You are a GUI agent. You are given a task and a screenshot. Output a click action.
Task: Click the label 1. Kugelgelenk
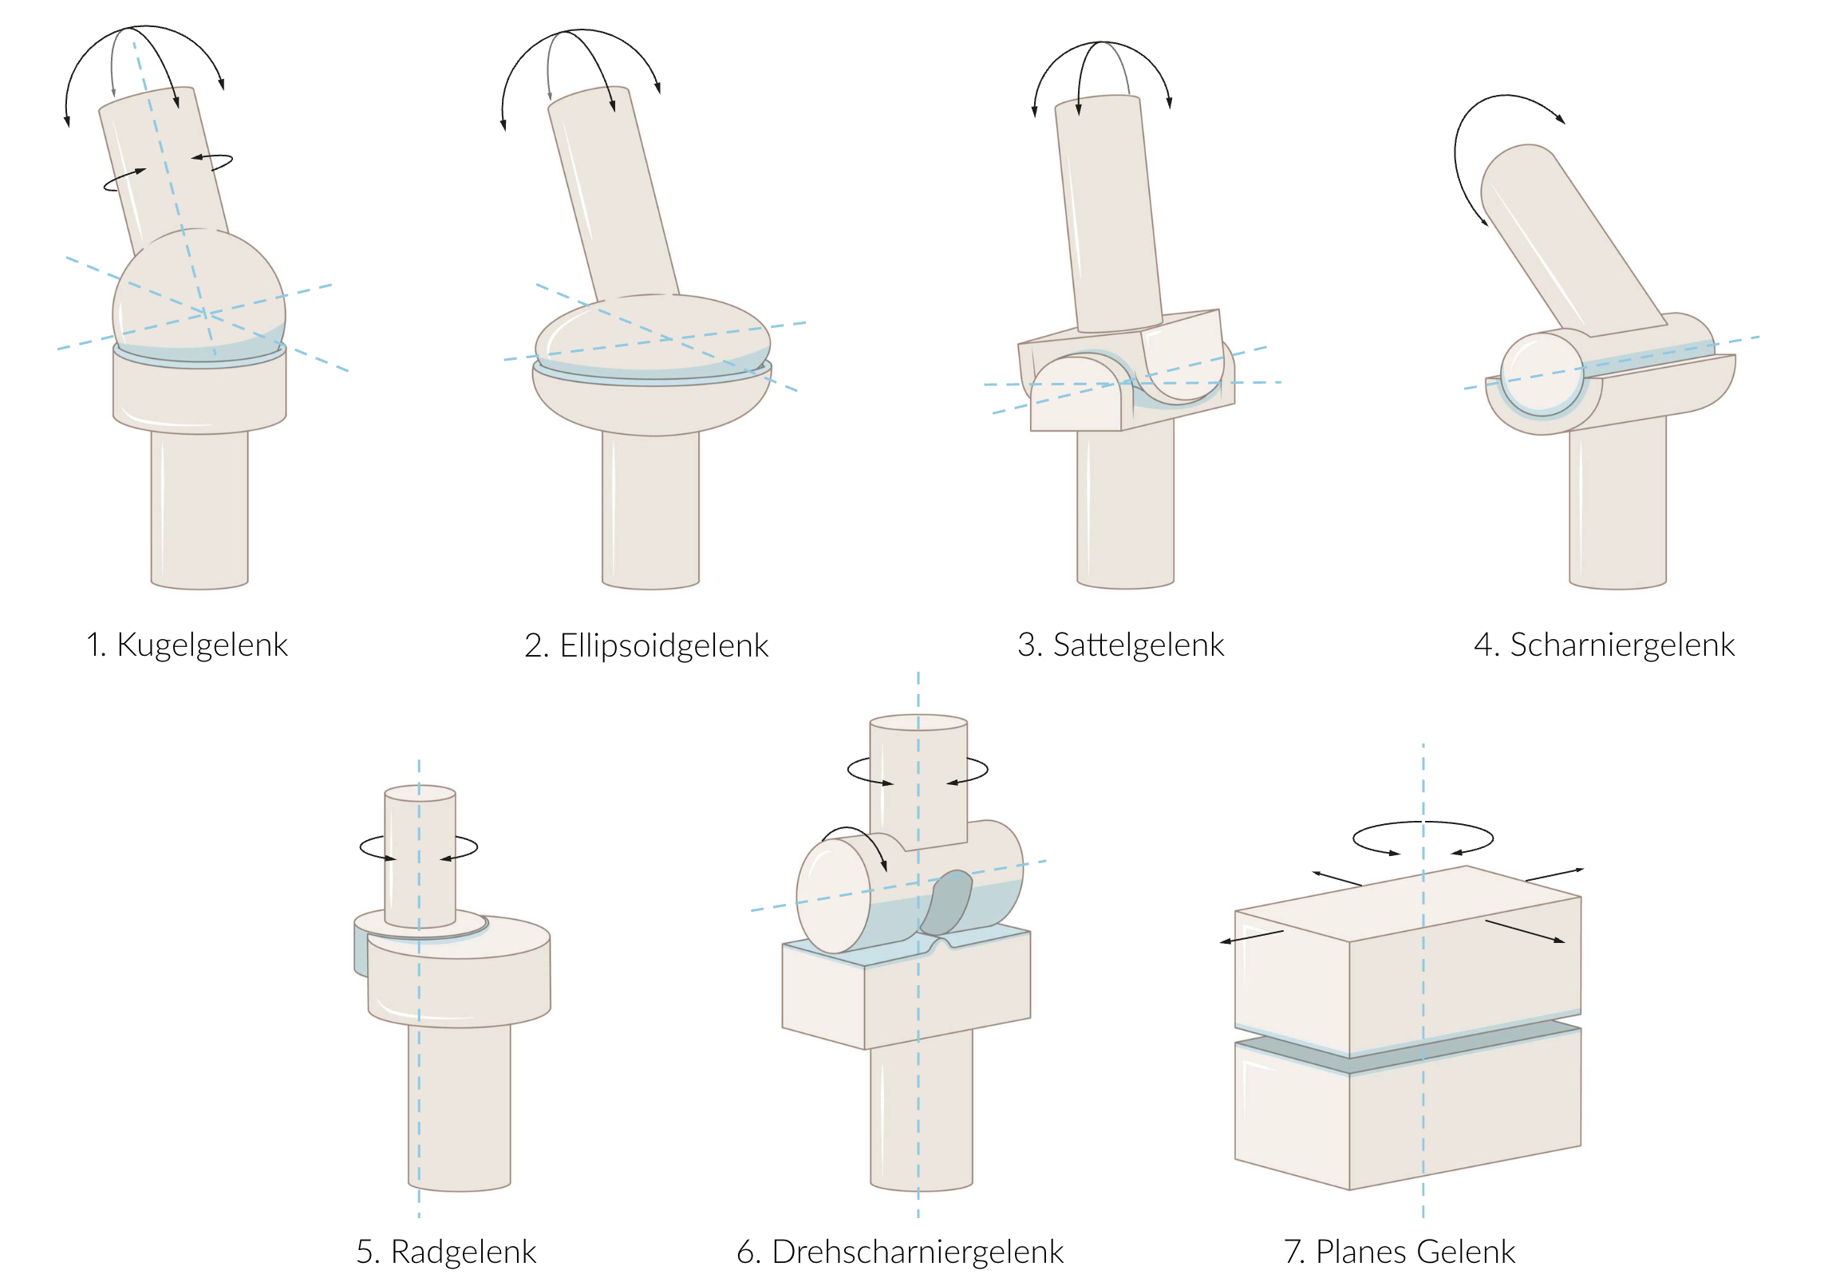click(x=186, y=645)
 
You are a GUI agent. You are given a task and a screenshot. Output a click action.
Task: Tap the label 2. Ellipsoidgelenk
click(x=646, y=645)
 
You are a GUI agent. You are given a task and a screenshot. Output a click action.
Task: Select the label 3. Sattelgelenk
click(x=1120, y=645)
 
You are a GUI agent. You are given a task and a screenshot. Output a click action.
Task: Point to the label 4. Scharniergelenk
click(x=1604, y=645)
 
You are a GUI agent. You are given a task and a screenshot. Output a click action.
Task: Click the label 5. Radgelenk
click(x=446, y=1252)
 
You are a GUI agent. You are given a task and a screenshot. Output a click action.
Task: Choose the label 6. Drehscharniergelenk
click(x=900, y=1252)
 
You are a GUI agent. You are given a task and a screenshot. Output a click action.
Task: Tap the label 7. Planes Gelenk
click(x=1399, y=1252)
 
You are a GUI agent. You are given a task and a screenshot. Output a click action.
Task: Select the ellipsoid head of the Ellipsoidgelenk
click(x=653, y=335)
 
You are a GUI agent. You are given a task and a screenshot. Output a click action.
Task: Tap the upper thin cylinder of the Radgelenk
click(x=420, y=854)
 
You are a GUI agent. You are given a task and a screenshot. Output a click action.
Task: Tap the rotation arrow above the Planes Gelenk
click(x=1423, y=838)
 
